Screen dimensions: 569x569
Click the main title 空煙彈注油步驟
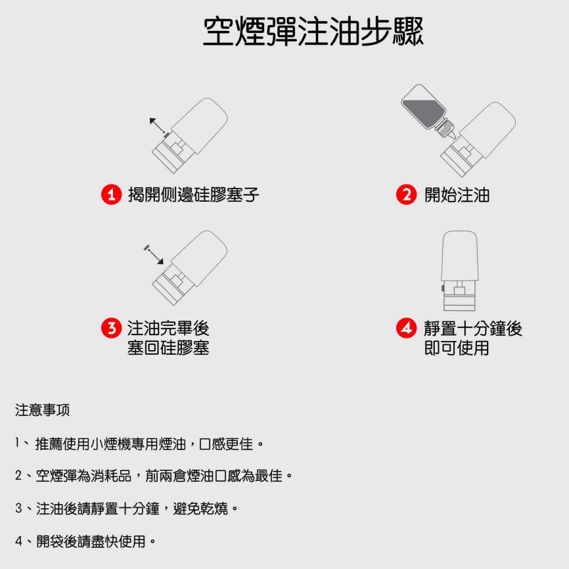point(313,32)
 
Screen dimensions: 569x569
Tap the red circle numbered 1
point(112,194)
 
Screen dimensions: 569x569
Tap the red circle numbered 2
point(406,194)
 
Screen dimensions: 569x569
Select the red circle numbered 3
point(112,328)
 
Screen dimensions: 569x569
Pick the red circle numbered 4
point(406,328)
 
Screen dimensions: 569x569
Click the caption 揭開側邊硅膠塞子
point(193,195)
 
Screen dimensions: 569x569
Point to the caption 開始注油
point(457,195)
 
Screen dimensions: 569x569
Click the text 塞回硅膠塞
point(168,348)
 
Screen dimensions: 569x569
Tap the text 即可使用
point(457,348)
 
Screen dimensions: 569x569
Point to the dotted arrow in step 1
point(158,125)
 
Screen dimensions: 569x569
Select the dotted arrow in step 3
point(154,255)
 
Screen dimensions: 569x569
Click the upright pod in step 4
point(459,271)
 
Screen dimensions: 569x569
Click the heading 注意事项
point(42,410)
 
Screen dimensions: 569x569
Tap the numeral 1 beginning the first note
point(16,443)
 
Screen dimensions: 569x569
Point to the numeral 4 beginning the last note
point(18,541)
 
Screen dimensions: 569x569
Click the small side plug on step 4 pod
point(443,288)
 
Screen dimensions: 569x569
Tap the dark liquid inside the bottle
point(422,112)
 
